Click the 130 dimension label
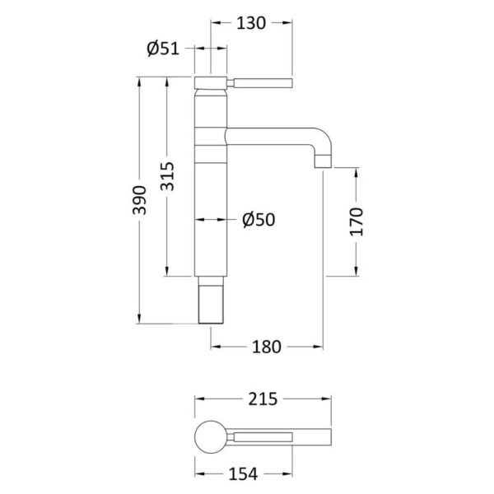[x=251, y=23]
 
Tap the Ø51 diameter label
[x=163, y=49]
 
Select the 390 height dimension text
[x=139, y=200]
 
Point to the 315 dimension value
[x=167, y=176]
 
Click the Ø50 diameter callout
[x=259, y=220]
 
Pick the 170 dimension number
[x=357, y=221]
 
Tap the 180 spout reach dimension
[x=266, y=347]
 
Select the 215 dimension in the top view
[x=263, y=398]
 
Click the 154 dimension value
[x=243, y=474]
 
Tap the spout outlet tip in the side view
[x=324, y=161]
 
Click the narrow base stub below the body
[x=211, y=300]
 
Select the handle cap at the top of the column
[x=211, y=82]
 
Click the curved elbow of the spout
[x=323, y=140]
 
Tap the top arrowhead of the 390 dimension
[x=139, y=82]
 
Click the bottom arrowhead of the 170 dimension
[x=357, y=271]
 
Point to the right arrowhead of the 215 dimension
[x=326, y=398]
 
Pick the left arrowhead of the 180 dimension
[x=216, y=347]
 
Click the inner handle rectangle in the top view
[x=263, y=437]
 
